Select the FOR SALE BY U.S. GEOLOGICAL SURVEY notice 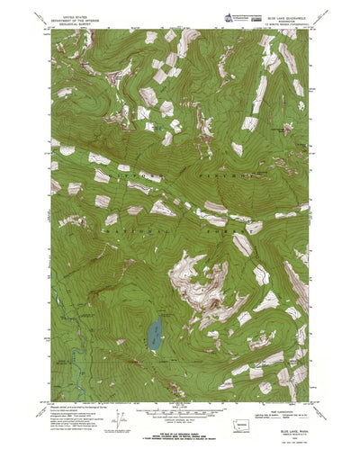(180, 415)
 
